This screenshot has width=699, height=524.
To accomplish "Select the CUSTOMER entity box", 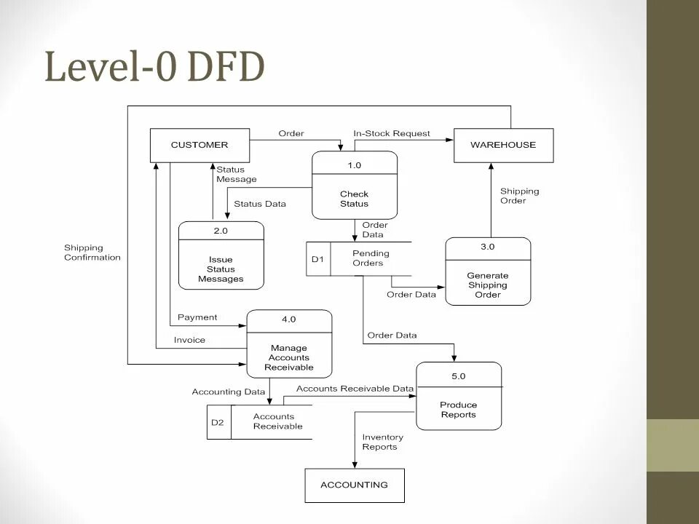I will [200, 145].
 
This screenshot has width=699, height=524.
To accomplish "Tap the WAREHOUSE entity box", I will [503, 145].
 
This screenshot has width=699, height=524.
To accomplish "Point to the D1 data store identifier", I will [317, 259].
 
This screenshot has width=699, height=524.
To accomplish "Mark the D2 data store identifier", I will [218, 422].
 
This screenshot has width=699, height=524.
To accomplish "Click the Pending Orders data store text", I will [371, 258].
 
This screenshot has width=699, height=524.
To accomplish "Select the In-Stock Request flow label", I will [392, 134].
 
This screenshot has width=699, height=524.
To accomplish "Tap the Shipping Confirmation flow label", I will [92, 253].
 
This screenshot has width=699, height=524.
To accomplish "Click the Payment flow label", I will [197, 317].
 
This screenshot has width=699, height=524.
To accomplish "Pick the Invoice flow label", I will [189, 340].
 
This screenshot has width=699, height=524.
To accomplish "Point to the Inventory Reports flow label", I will [383, 442].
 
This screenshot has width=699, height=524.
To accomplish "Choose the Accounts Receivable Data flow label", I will [355, 389].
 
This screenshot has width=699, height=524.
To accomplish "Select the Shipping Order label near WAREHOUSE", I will [519, 196].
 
